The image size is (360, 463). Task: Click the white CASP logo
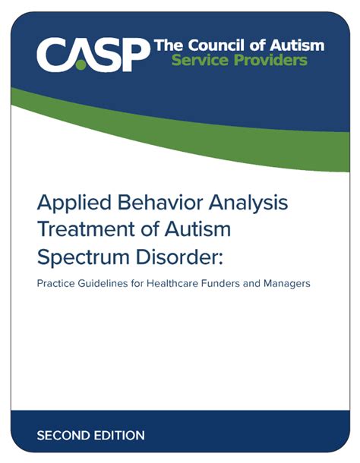pos(93,55)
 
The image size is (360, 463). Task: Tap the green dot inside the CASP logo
pos(79,65)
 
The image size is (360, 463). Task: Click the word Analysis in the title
pos(248,203)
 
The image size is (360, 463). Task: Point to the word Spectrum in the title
pos(84,257)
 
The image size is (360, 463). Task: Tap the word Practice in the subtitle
pos(55,283)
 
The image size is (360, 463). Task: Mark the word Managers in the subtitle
pos(287,284)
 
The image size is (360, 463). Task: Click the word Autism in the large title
pos(197,229)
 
